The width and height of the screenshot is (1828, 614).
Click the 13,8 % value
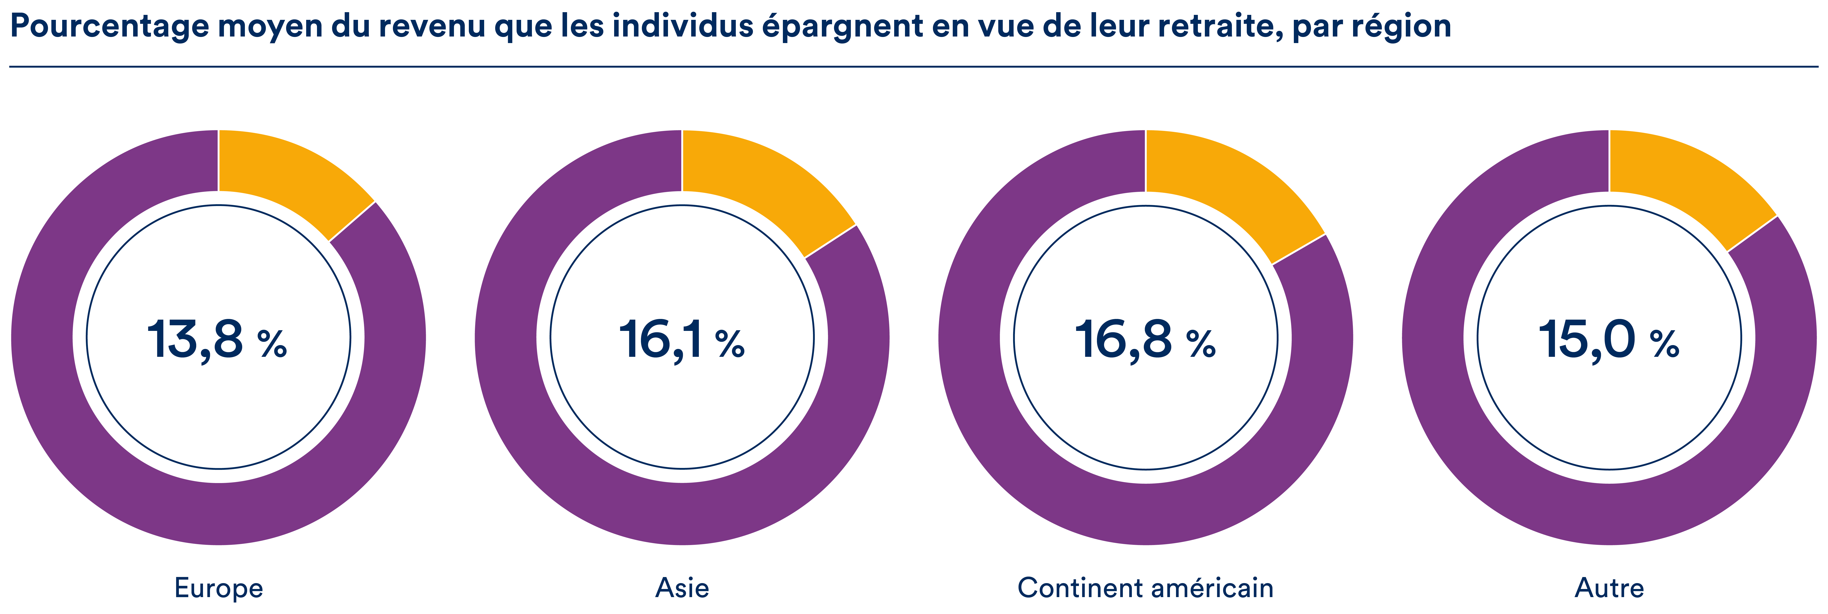[x=217, y=341]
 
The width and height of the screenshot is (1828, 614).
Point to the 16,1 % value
[x=681, y=341]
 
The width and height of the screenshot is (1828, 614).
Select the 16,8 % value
[x=1145, y=341]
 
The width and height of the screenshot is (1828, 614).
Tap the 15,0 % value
[x=1608, y=341]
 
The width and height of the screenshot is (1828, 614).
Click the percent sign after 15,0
[x=1664, y=344]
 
